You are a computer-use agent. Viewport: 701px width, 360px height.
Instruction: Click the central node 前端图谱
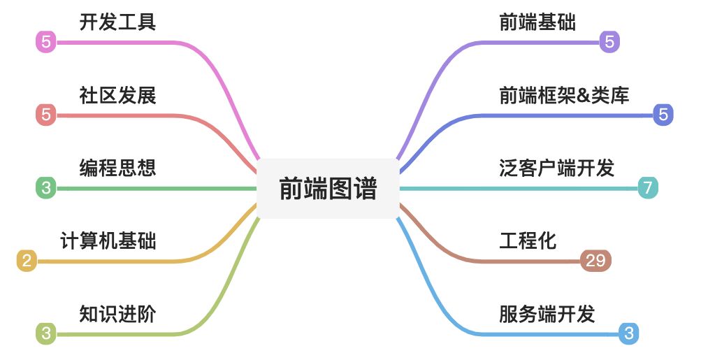point(328,188)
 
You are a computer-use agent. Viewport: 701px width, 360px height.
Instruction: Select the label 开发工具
point(117,22)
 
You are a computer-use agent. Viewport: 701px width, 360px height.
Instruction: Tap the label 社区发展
point(117,94)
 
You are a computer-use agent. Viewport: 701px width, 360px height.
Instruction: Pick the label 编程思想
point(117,168)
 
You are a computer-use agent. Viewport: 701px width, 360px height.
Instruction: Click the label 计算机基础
point(108,241)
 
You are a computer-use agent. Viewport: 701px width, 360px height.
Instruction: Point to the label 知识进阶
point(117,314)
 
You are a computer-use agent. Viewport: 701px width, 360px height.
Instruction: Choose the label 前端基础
point(537,22)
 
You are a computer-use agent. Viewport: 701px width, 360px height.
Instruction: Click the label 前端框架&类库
point(564,94)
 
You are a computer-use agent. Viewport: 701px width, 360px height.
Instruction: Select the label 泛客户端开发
point(556,168)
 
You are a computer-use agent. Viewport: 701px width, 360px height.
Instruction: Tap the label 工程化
point(528,241)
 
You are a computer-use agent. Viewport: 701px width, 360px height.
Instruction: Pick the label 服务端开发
point(547,314)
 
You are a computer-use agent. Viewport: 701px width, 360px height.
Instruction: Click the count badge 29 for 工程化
point(595,261)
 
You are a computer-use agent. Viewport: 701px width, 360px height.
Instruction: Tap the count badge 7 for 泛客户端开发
point(648,187)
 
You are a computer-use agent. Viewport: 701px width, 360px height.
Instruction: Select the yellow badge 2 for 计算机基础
point(27,261)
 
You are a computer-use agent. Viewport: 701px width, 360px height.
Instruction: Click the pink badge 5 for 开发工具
point(46,42)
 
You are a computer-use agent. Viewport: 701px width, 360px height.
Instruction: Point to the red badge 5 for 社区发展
point(46,115)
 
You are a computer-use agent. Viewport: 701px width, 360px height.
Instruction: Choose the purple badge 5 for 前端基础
point(609,42)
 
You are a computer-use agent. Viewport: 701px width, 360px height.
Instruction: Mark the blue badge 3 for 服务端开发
point(628,333)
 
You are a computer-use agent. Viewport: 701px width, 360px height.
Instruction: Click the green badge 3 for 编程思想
point(46,187)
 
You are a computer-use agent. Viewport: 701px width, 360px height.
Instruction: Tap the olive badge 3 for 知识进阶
point(46,333)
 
